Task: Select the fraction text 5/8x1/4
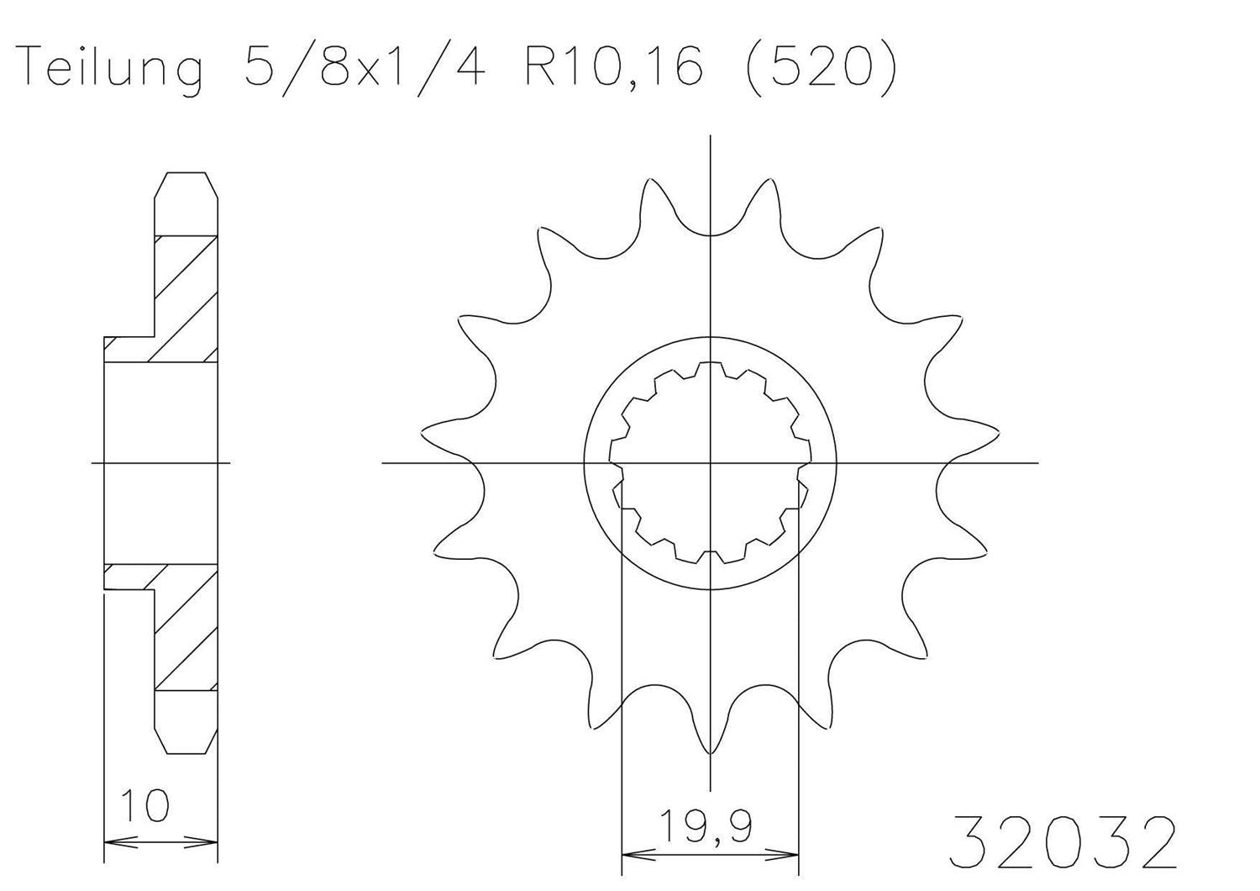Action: pyautogui.click(x=365, y=66)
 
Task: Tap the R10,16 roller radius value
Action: pyautogui.click(x=613, y=66)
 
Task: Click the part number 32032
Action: pyautogui.click(x=1062, y=841)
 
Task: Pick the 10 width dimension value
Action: pyautogui.click(x=145, y=805)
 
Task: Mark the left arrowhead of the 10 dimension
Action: pyautogui.click(x=113, y=841)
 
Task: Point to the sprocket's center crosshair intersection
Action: pyautogui.click(x=711, y=462)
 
